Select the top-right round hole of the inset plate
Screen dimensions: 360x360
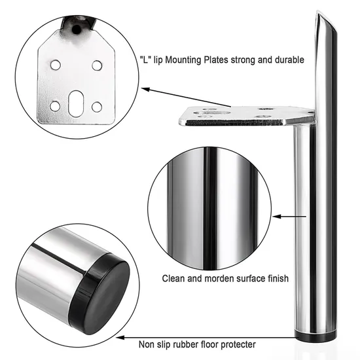[97, 65]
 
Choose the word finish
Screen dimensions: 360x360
[276, 278]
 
